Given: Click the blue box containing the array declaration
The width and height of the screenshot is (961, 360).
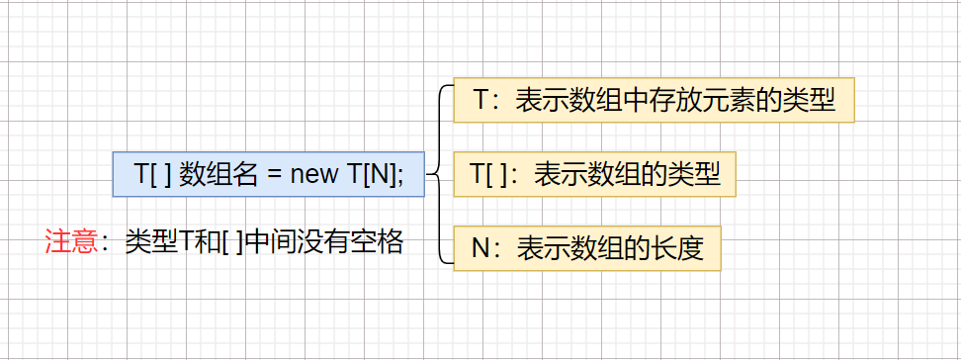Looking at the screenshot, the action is [269, 175].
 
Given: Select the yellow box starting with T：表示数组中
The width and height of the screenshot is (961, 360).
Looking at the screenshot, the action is [654, 100].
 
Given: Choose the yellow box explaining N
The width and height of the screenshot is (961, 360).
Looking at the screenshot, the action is [586, 247].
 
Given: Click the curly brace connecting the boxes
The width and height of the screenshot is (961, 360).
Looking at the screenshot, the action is [437, 175].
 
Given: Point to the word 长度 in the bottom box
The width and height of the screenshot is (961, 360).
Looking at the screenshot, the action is [677, 247].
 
